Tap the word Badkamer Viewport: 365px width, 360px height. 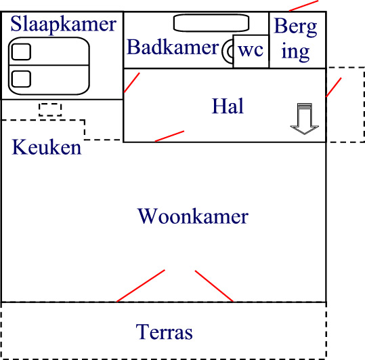pos(173,47)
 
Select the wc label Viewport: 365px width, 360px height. pos(251,50)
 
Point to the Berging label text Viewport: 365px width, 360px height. pos(296,40)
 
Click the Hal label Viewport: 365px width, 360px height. pos(228,106)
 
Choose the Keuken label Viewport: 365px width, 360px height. pos(47,147)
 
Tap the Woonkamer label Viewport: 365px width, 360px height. pos(193,216)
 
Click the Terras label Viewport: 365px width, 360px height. pos(164,332)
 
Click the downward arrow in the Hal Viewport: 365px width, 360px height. pos(305,119)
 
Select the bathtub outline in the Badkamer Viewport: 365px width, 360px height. pos(211,23)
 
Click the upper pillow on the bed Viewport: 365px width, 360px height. pos(21,52)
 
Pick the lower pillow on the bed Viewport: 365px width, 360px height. pos(21,79)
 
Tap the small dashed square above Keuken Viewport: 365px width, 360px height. pos(50,110)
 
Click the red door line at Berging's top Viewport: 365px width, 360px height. pos(303,5)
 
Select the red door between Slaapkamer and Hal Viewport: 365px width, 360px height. pos(132,83)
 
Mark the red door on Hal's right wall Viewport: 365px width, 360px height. pos(334,87)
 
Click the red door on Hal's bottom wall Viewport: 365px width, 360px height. pos(169,136)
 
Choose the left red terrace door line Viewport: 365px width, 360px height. pos(141,286)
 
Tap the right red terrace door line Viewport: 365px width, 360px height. pos(214,286)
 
